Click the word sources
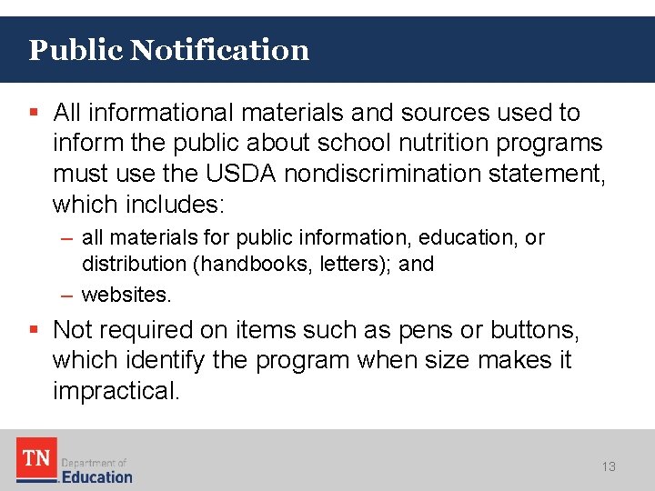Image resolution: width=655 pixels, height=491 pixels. pos(444,113)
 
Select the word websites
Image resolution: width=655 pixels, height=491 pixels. pos(125,296)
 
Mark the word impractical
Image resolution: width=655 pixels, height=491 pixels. pos(117,391)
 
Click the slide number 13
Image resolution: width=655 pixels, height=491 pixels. pos(609,466)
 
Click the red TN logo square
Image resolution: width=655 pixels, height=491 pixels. pos(36,457)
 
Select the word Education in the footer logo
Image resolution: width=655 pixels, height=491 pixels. pos(96,476)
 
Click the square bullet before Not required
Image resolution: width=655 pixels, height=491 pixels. pos(34,329)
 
